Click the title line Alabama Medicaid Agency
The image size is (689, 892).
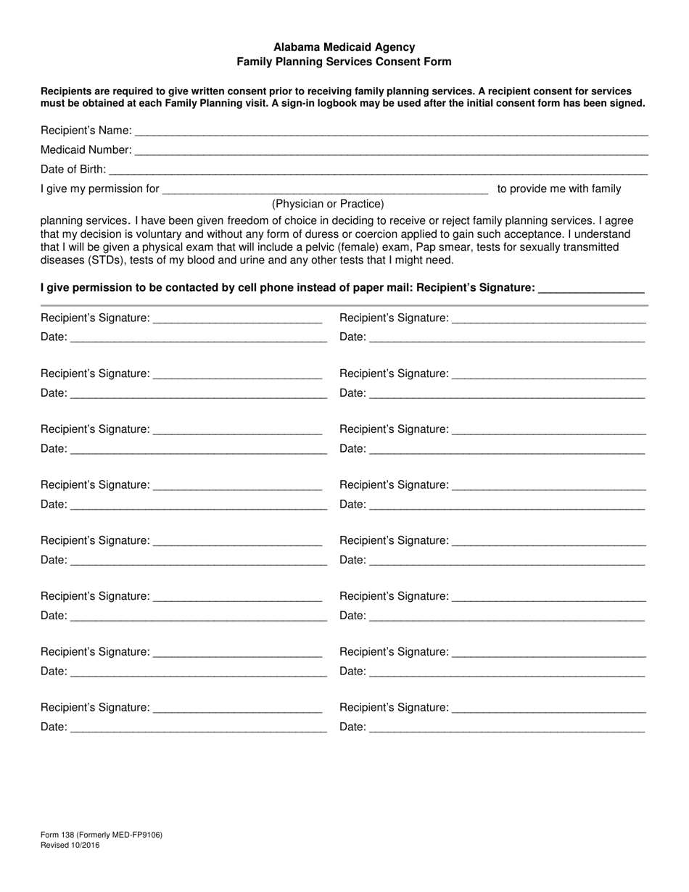pos(344,47)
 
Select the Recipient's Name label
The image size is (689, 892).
pos(86,131)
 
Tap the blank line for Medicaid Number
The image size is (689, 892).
pos(391,152)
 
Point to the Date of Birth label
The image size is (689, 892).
pos(73,170)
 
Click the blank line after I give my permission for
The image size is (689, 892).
pos(325,191)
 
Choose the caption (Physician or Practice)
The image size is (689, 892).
pos(328,204)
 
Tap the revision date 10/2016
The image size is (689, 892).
pos(85,845)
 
